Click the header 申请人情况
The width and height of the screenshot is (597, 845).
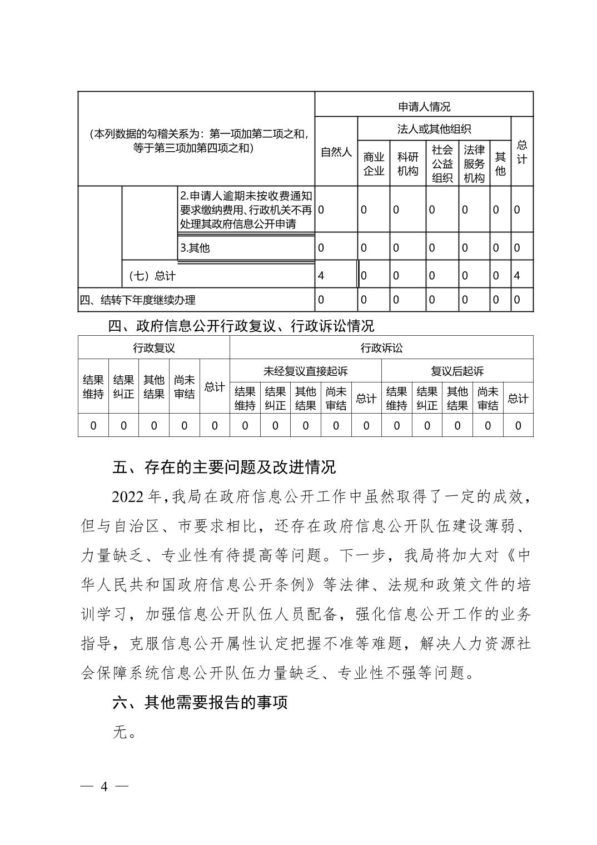click(x=424, y=106)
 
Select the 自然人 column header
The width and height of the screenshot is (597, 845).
click(x=336, y=152)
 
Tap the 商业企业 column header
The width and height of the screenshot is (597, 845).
click(x=374, y=163)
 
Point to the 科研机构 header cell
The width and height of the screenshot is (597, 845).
click(x=407, y=163)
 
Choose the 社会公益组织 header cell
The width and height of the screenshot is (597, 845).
click(x=442, y=163)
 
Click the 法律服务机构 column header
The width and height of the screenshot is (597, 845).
click(x=474, y=163)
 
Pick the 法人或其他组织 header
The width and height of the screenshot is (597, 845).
click(x=434, y=130)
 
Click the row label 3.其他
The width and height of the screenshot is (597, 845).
click(x=195, y=248)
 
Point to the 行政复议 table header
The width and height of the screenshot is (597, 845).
click(x=153, y=348)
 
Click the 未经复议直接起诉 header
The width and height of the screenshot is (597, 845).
click(x=305, y=371)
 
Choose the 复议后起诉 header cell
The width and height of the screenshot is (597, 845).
click(x=457, y=371)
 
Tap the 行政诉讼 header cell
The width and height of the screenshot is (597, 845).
click(x=381, y=348)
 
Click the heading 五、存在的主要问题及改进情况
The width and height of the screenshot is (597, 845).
click(x=224, y=467)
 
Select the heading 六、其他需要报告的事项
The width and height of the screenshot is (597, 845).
click(x=200, y=703)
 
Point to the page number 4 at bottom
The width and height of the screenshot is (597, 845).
click(x=104, y=787)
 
